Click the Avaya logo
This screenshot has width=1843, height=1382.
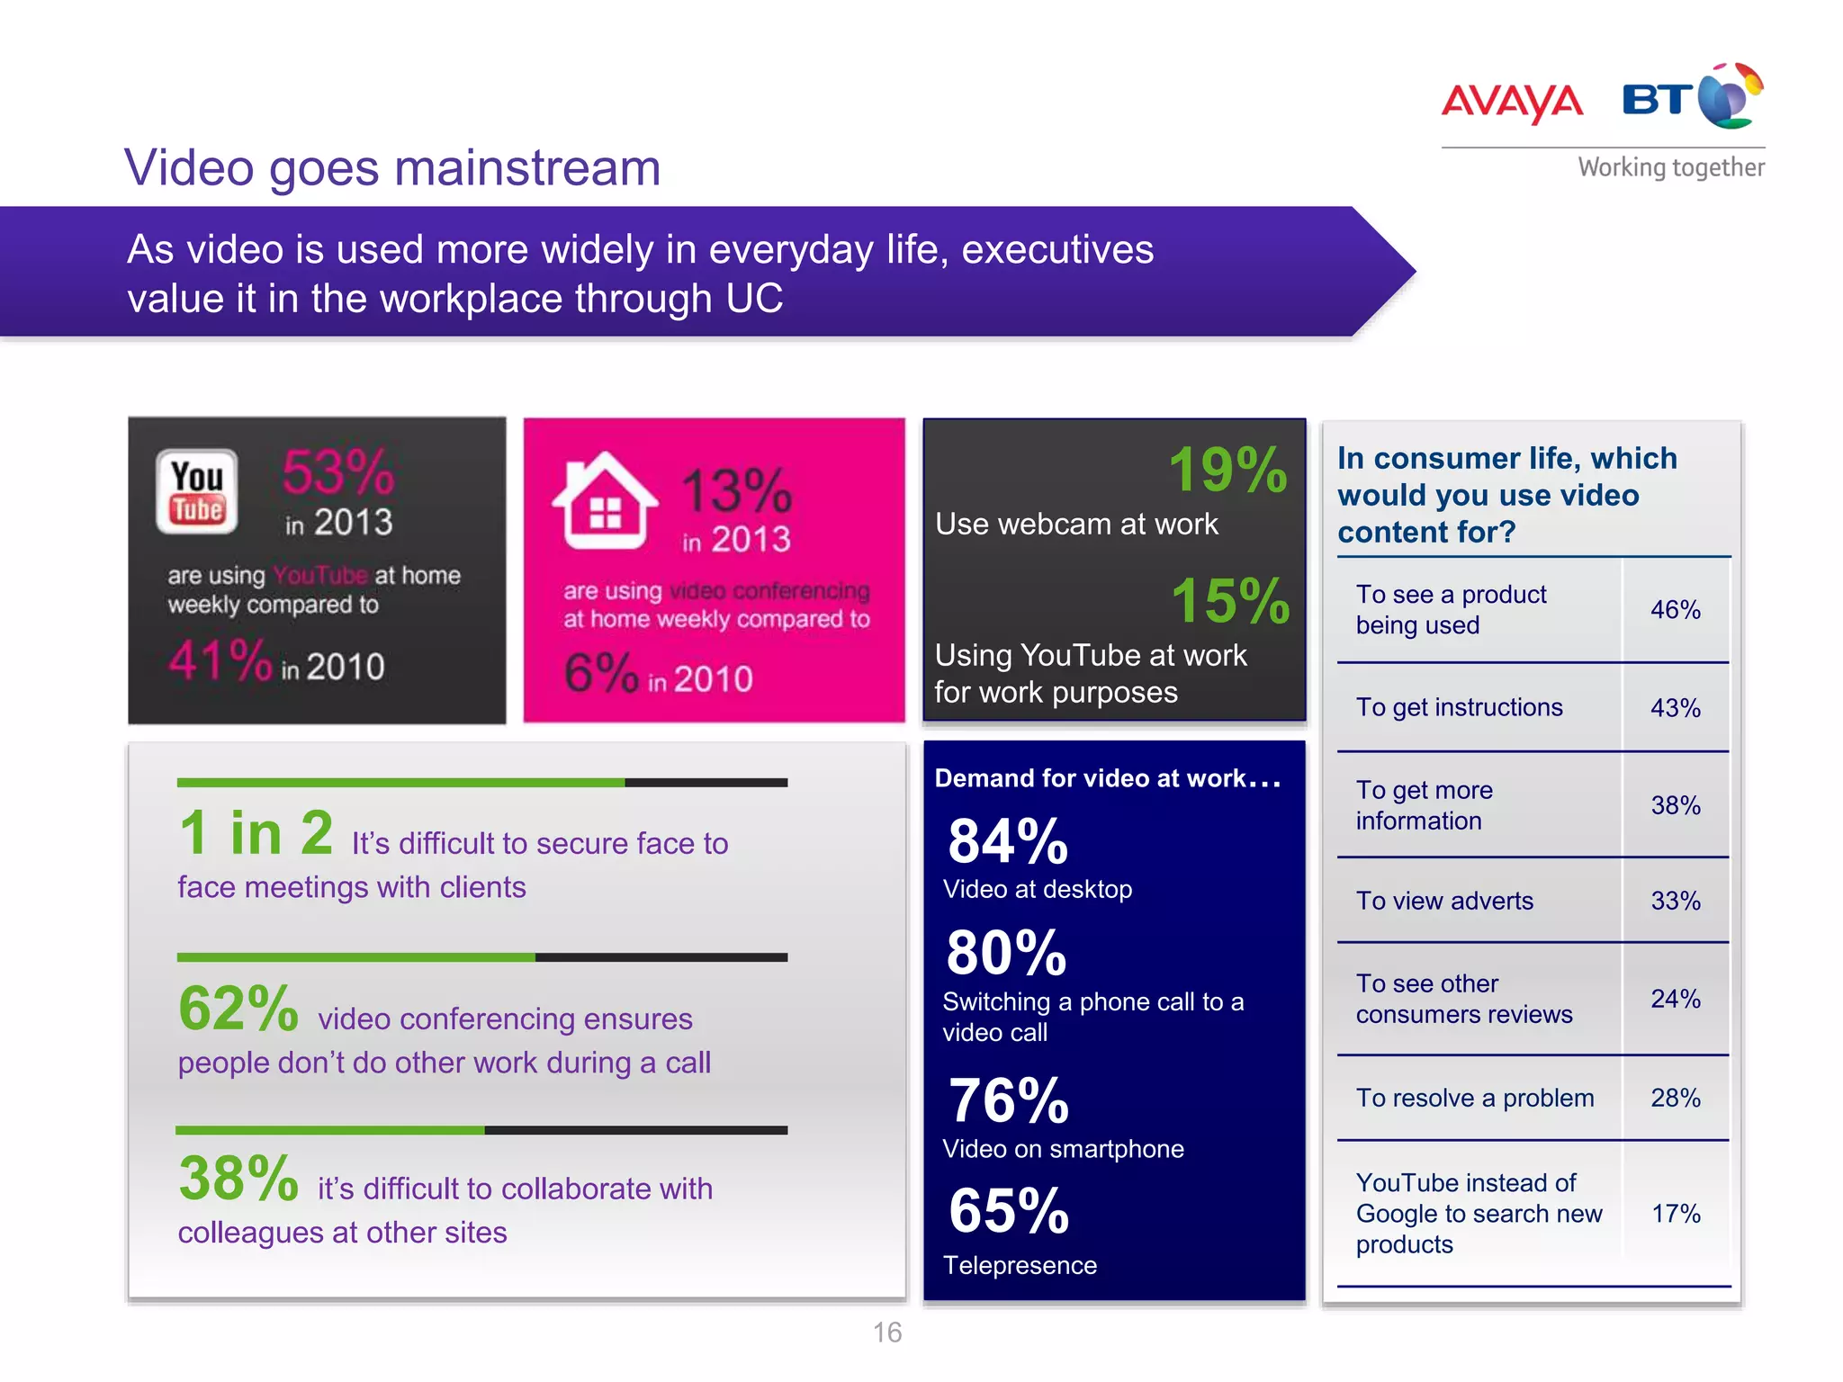coord(1512,102)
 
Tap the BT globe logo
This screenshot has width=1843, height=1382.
coord(1730,97)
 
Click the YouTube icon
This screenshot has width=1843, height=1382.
coord(197,491)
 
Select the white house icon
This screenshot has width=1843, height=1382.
coord(605,501)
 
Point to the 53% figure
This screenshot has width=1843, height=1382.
coord(338,471)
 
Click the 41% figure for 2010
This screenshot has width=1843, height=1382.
coord(220,660)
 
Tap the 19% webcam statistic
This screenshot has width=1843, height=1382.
coord(1227,470)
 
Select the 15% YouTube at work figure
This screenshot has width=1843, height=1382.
coord(1230,600)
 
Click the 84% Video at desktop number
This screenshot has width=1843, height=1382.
coord(1008,842)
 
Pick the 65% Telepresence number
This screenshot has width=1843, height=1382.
coord(1009,1211)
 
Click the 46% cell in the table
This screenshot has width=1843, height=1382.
coord(1675,610)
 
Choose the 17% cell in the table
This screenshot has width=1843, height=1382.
coord(1675,1214)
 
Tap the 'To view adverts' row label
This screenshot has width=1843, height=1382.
coord(1444,901)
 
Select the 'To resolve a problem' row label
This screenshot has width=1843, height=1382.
coord(1474,1098)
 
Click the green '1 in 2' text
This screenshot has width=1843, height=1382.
coord(256,833)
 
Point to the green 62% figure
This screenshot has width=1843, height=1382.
coord(238,1009)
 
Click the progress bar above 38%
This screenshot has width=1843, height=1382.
coord(481,1130)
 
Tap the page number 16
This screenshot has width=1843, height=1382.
coord(887,1333)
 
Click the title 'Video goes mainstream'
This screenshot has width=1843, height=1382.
coord(392,168)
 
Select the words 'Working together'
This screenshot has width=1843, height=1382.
coord(1671,167)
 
